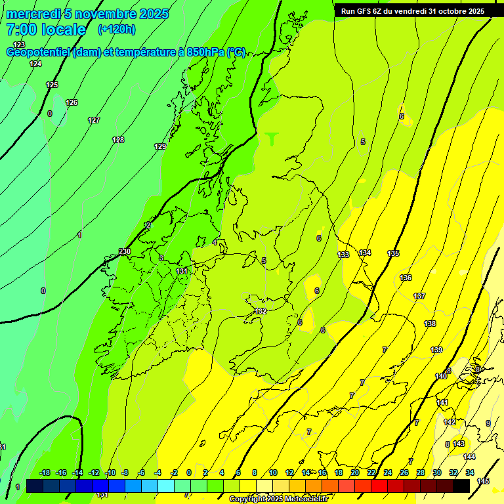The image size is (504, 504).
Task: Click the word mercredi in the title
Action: coord(33,14)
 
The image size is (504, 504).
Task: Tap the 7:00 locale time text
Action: coord(46,30)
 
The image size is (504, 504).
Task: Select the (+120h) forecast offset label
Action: coord(117,29)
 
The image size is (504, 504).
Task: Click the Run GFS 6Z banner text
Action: coord(413,10)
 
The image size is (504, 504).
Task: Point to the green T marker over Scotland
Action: coord(272,138)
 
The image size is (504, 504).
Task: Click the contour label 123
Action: coord(19,45)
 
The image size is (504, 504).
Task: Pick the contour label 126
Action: coord(72,102)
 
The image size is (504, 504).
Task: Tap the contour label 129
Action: coord(160,146)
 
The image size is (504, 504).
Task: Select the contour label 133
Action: coord(343,255)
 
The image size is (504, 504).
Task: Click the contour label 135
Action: coord(393,253)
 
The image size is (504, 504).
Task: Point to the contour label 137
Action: coord(419,296)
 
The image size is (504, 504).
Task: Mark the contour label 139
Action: coord(436,350)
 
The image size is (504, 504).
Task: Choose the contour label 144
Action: coord(469,457)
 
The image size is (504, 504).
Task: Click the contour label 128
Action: coord(118,140)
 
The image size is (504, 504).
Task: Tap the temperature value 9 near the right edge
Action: coord(488,423)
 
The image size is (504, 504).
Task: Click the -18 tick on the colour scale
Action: coord(45,472)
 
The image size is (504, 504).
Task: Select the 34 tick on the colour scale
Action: coord(470,472)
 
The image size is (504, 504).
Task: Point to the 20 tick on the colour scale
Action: coord(355,472)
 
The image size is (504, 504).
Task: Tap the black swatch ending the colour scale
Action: coord(461,486)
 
